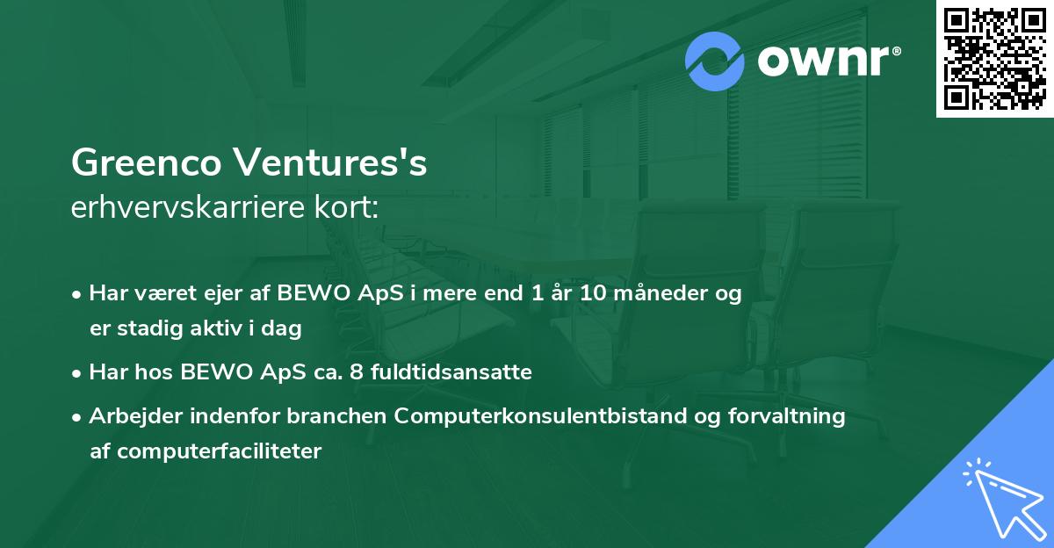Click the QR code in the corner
pyautogui.click(x=994, y=58)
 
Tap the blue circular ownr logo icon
pyautogui.click(x=715, y=61)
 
